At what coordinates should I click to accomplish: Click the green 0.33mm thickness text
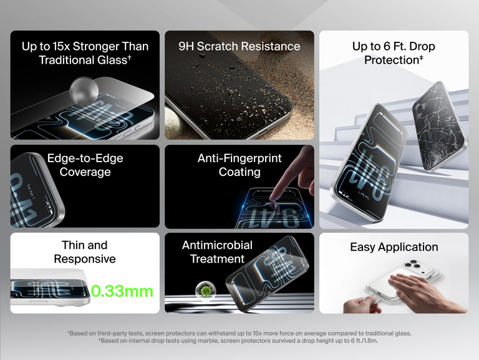[122, 291]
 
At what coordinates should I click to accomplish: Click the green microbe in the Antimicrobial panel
[204, 290]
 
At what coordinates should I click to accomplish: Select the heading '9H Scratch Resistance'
[239, 46]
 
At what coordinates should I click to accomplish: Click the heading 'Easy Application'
[394, 247]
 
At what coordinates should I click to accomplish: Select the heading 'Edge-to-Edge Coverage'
[85, 165]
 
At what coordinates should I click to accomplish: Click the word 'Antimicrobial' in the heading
[217, 245]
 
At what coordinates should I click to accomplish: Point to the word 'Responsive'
[85, 259]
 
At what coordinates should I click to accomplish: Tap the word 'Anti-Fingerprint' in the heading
[239, 158]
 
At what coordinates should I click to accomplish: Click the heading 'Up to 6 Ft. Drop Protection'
[394, 53]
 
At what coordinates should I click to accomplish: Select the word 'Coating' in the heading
[239, 172]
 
